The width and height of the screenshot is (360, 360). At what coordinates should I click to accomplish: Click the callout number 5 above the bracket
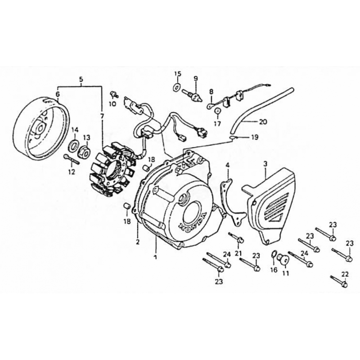(x=81, y=80)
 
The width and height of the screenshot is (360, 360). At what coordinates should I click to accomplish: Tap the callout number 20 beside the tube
(x=263, y=121)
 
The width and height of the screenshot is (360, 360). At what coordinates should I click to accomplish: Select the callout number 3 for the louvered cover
(x=265, y=164)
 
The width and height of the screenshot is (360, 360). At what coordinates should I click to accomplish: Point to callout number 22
(x=345, y=274)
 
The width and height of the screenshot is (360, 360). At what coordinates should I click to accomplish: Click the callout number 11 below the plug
(x=286, y=274)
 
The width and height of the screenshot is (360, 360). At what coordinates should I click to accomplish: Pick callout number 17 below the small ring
(x=217, y=124)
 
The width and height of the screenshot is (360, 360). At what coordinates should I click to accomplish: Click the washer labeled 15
(x=176, y=87)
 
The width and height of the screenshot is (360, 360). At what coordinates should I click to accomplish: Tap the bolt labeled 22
(x=339, y=282)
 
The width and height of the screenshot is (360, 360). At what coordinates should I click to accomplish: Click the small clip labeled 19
(x=232, y=138)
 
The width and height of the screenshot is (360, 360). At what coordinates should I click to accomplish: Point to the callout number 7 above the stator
(x=102, y=117)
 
